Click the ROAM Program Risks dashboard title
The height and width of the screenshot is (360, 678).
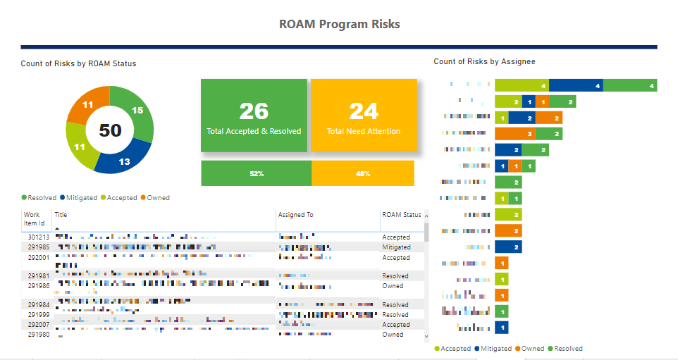click(x=339, y=24)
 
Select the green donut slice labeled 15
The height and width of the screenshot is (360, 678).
click(x=138, y=110)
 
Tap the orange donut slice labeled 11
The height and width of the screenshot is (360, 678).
click(x=87, y=104)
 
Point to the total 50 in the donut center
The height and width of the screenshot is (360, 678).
click(x=109, y=130)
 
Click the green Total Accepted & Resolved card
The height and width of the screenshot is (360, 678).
click(x=254, y=116)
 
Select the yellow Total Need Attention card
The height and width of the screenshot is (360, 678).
click(x=363, y=116)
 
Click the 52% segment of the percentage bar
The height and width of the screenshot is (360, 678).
click(x=256, y=173)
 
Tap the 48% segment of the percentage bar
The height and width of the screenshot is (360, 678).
click(x=363, y=173)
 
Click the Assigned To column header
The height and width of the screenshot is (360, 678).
click(x=295, y=215)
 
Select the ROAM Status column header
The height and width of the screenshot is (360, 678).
click(x=401, y=215)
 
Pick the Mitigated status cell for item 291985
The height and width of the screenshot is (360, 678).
click(x=396, y=247)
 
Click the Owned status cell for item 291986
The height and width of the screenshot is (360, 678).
click(x=393, y=286)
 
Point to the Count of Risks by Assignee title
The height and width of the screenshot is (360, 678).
click(x=484, y=61)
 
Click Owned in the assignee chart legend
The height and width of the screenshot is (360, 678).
click(x=532, y=349)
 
